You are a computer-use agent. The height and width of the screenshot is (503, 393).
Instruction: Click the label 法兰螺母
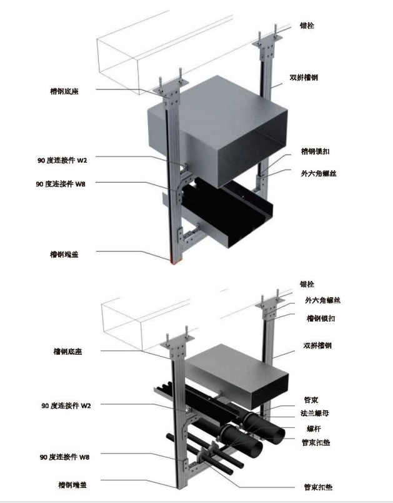(316, 414)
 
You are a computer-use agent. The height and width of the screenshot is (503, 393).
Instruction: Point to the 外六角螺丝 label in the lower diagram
(322, 300)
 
